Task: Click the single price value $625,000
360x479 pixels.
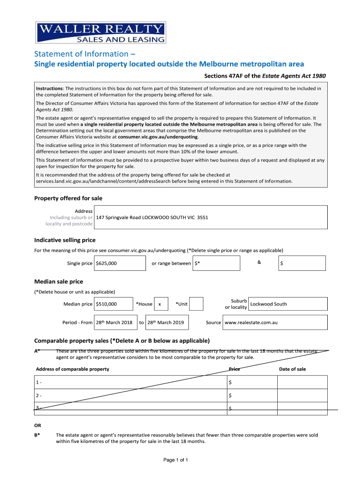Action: tap(107, 263)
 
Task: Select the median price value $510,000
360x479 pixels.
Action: tap(107, 304)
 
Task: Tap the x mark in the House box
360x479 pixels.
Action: tap(160, 304)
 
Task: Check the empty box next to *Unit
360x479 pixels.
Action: tap(197, 304)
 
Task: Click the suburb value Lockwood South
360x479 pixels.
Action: tap(269, 304)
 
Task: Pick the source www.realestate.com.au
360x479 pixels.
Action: tap(252, 322)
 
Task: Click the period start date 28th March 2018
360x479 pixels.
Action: tap(114, 322)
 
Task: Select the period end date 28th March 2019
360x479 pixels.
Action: tap(166, 322)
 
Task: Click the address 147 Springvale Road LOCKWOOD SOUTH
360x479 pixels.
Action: tap(152, 218)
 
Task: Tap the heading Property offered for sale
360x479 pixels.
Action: tap(68, 198)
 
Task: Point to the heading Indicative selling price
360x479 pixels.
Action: tap(65, 240)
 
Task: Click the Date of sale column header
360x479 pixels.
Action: tap(292, 369)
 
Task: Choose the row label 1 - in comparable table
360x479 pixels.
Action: tap(39, 383)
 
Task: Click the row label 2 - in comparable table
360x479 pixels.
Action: tap(39, 396)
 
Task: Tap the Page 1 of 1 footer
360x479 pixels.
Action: tap(176, 460)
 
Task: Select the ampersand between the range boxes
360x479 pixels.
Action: tap(259, 262)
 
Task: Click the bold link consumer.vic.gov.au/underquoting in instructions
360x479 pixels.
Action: tap(158, 137)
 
